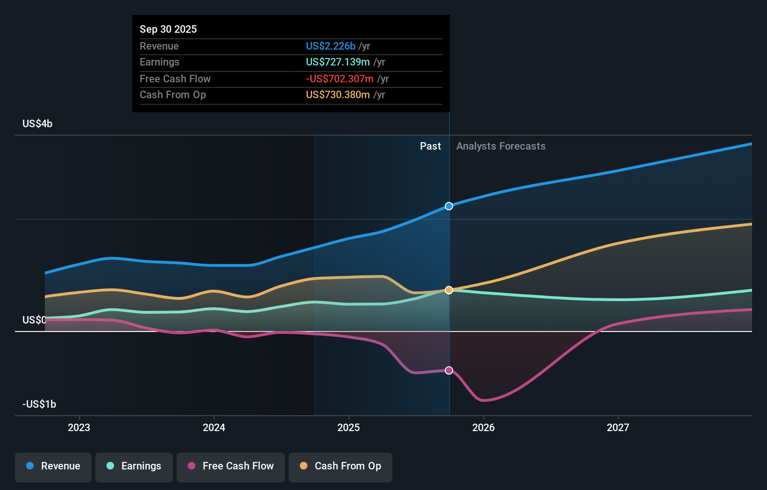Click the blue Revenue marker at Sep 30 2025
pyautogui.click(x=449, y=206)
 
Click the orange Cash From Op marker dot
pyautogui.click(x=449, y=290)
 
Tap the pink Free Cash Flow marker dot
pyautogui.click(x=449, y=370)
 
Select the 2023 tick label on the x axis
pyautogui.click(x=79, y=427)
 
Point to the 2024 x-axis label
pyautogui.click(x=214, y=427)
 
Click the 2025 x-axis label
pyautogui.click(x=348, y=427)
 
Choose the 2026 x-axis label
pyautogui.click(x=483, y=427)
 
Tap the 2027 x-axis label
pyautogui.click(x=618, y=427)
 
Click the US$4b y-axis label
pyautogui.click(x=37, y=124)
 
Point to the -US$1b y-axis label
pyautogui.click(x=39, y=404)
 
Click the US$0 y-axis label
pyautogui.click(x=34, y=320)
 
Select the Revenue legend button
pyautogui.click(x=53, y=466)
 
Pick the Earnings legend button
pyautogui.click(x=134, y=466)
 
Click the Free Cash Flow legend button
pyautogui.click(x=231, y=466)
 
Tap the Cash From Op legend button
pyautogui.click(x=341, y=466)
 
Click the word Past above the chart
pyautogui.click(x=430, y=146)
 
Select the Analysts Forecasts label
pyautogui.click(x=501, y=146)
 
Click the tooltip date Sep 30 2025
pyautogui.click(x=168, y=29)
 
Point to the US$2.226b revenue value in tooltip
pyautogui.click(x=330, y=46)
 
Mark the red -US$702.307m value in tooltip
pyautogui.click(x=340, y=79)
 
